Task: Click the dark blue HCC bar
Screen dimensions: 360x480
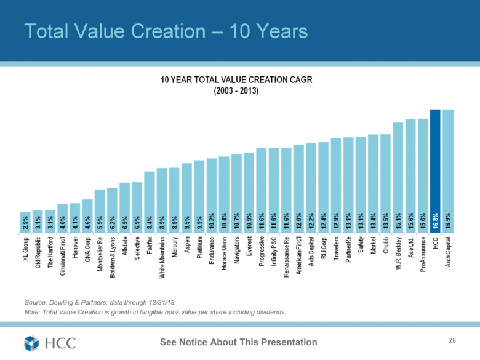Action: (435, 169)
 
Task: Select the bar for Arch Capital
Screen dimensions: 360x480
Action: (447, 169)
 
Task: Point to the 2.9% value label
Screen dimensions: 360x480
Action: (25, 222)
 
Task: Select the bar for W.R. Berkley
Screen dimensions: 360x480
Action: (398, 175)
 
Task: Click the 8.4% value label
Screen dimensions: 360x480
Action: (150, 222)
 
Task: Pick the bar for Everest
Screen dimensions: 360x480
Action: (249, 191)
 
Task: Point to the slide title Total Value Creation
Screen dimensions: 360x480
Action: (164, 30)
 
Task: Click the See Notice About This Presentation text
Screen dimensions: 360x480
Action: (239, 342)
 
